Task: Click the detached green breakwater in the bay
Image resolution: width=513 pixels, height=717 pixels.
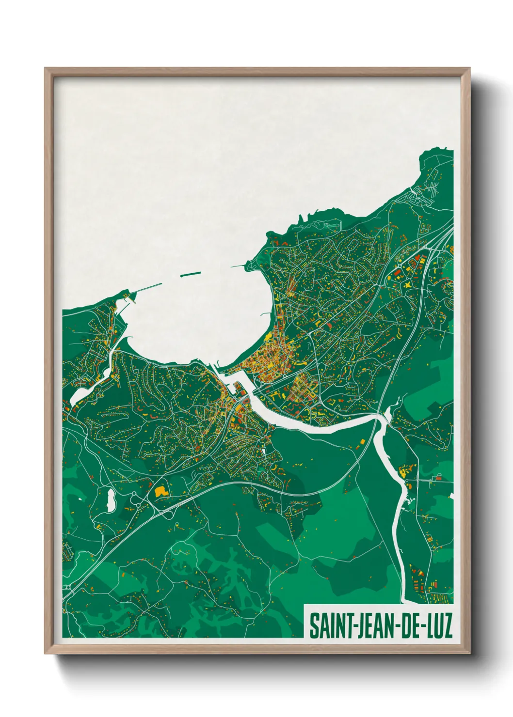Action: pos(190,274)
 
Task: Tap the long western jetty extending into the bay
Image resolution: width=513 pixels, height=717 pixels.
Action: pos(145,289)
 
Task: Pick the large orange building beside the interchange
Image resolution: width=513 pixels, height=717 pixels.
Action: pos(160,491)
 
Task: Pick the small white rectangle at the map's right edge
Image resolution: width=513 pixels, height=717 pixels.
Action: pos(451,496)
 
